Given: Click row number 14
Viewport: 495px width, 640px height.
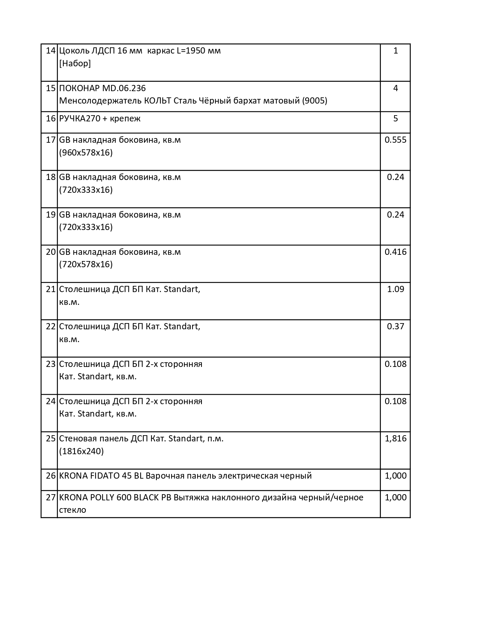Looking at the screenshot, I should [51, 51].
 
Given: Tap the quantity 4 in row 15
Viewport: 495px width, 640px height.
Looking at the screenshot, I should [395, 88].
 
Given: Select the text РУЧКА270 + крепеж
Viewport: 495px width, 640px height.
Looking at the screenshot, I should [100, 119].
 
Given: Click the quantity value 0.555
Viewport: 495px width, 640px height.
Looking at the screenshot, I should [395, 140].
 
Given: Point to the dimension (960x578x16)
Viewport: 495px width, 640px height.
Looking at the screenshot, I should [86, 153].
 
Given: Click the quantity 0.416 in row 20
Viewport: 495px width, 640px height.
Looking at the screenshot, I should [395, 252].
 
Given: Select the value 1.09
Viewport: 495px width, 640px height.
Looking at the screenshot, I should [395, 289].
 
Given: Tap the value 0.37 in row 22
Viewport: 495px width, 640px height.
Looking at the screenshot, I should [395, 327].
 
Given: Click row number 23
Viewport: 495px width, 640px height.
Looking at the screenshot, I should [51, 364].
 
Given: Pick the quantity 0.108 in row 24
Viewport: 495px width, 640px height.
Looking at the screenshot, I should [395, 401].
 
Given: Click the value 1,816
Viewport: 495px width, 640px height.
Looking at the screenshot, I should [395, 439].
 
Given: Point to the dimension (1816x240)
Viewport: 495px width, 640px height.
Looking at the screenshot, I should [82, 451].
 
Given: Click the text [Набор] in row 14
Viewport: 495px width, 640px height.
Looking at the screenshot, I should [75, 63].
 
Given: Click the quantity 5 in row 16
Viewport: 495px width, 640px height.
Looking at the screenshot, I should [395, 119].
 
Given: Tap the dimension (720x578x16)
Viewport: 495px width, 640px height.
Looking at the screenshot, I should [86, 265].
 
